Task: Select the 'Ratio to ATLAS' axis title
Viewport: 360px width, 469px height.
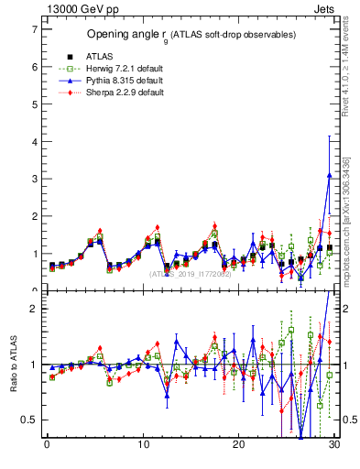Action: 12,365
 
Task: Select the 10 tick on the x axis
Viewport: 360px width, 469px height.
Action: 143,446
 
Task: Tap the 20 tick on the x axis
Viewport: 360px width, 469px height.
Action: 238,446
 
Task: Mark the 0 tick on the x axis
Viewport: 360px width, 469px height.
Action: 47,446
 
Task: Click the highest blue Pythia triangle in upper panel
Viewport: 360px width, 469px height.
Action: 329,175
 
